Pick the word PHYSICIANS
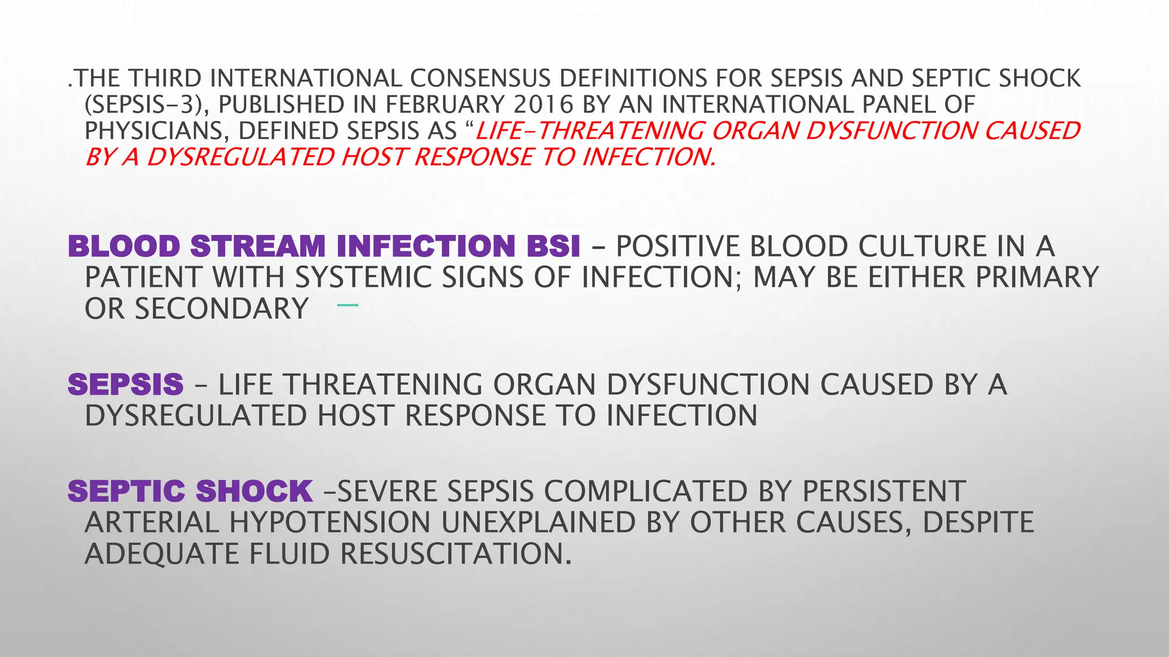click(x=155, y=131)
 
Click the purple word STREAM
click(x=257, y=246)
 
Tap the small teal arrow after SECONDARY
click(x=348, y=306)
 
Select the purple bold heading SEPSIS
click(x=126, y=384)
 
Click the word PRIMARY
click(x=1037, y=278)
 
